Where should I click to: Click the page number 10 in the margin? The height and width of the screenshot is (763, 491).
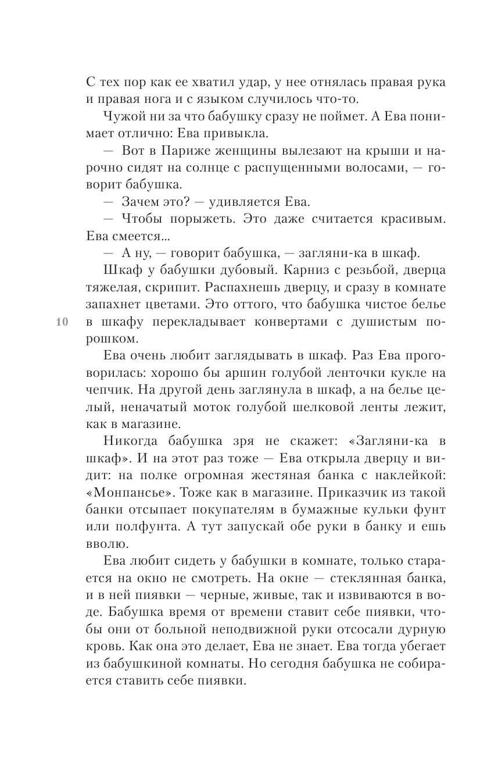point(62,323)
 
